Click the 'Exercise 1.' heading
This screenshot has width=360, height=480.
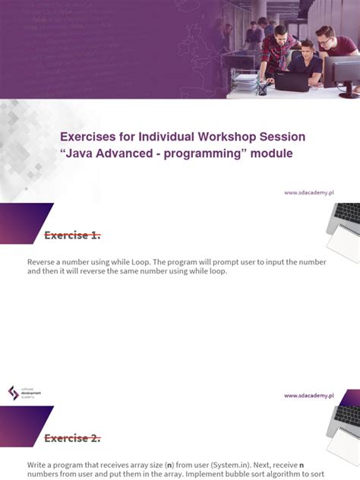click(x=72, y=235)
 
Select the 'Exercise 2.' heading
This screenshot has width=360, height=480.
click(x=72, y=438)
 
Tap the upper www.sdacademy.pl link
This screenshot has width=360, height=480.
click(x=309, y=193)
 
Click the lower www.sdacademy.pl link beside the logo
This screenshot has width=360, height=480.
click(x=309, y=396)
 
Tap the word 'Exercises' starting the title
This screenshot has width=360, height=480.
click(x=90, y=137)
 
